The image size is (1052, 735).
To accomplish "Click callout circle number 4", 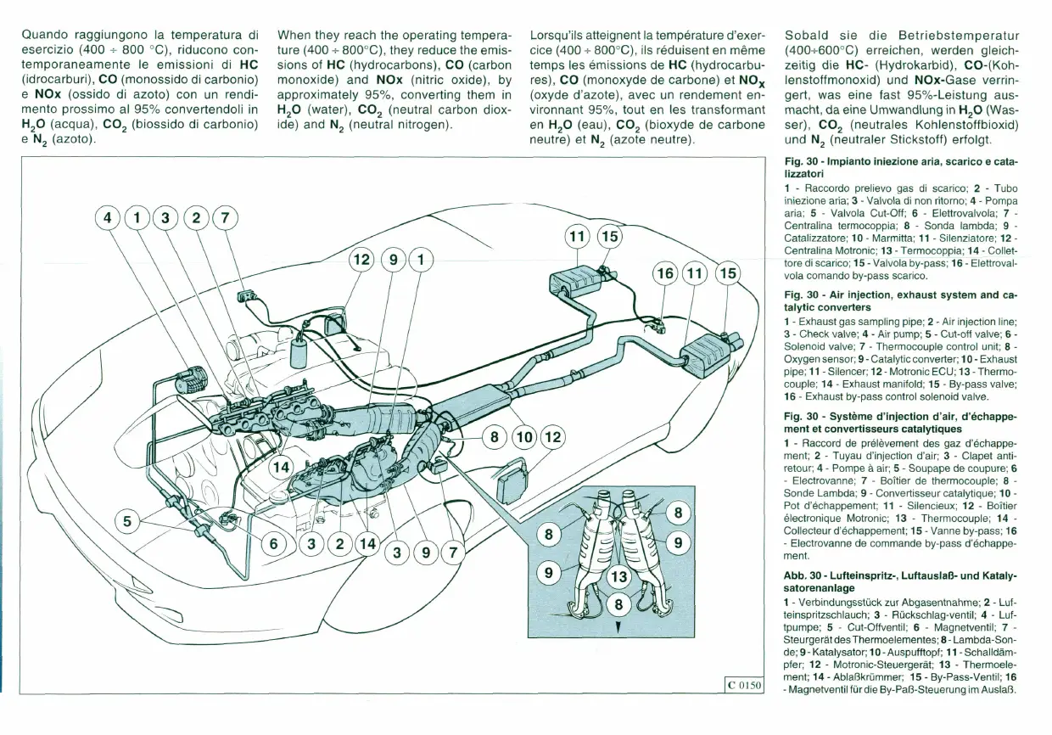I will point(107,218).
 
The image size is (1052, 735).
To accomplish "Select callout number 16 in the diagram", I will point(665,273).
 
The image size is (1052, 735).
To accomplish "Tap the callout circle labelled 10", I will point(524,438).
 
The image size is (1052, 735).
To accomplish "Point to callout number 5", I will point(127,521).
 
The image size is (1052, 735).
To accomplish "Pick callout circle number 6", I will point(274,544).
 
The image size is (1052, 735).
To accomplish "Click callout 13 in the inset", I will point(619,577).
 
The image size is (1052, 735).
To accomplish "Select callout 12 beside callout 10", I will point(552,438).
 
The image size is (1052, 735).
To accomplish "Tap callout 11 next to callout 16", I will point(695,273).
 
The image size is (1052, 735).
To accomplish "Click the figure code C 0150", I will point(743,685).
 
